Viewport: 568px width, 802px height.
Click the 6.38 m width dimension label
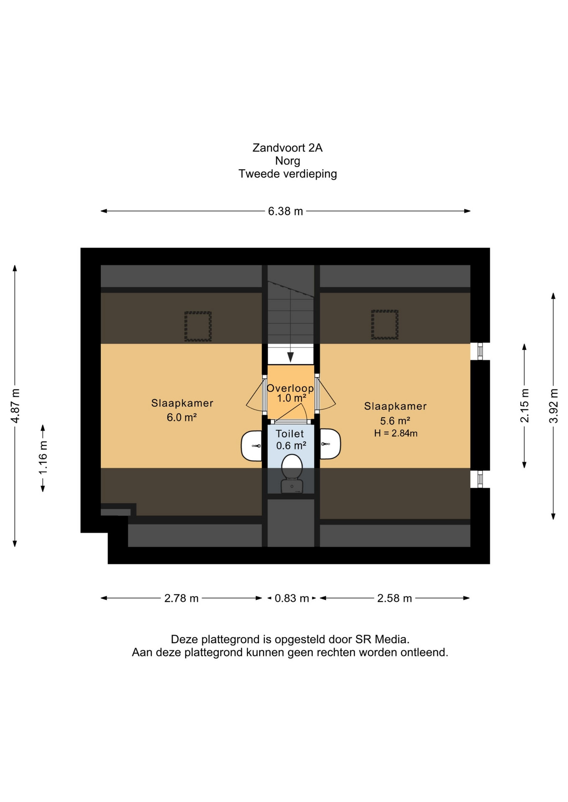pyautogui.click(x=285, y=211)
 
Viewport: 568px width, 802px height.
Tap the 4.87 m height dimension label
pyautogui.click(x=15, y=406)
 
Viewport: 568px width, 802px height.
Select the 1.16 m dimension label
pyautogui.click(x=43, y=457)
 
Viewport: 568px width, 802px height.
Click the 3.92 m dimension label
pyautogui.click(x=554, y=406)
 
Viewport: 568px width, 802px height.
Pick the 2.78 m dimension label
pyautogui.click(x=181, y=599)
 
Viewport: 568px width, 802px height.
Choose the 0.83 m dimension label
pyautogui.click(x=292, y=599)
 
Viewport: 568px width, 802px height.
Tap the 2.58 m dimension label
pyautogui.click(x=394, y=599)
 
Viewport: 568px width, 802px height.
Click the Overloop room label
pyautogui.click(x=290, y=388)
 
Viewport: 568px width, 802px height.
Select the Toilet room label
pyautogui.click(x=290, y=434)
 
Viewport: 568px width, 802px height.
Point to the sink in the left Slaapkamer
pyautogui.click(x=252, y=446)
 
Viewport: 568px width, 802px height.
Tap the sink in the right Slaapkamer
pyautogui.click(x=330, y=444)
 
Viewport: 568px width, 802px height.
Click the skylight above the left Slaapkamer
pyautogui.click(x=198, y=326)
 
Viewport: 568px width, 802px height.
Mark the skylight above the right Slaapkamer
pyautogui.click(x=385, y=325)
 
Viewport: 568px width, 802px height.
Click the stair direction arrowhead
pyautogui.click(x=290, y=357)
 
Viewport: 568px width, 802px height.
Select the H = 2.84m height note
pyautogui.click(x=396, y=434)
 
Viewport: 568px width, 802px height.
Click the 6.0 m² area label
pyautogui.click(x=182, y=417)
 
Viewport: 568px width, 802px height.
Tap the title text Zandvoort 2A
pyautogui.click(x=287, y=148)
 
